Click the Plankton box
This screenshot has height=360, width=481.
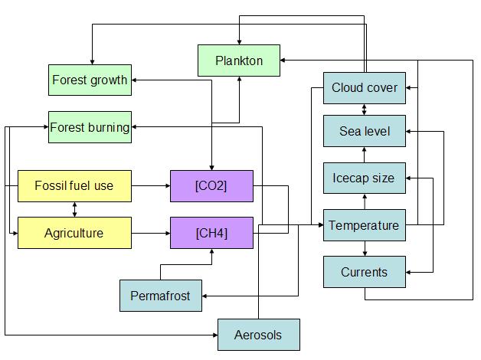point(239,61)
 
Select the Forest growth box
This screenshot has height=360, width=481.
point(90,80)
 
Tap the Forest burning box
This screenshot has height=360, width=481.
point(90,127)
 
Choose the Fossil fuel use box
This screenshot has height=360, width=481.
point(74,185)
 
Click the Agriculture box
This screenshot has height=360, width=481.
point(74,233)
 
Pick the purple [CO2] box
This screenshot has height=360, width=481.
point(211,185)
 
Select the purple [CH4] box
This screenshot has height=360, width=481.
point(211,233)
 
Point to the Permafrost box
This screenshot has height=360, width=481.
point(161,296)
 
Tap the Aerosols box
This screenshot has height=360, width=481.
point(258,335)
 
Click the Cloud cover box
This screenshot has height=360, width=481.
point(365,88)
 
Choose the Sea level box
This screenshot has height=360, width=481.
point(365,132)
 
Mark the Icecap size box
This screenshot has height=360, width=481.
point(365,178)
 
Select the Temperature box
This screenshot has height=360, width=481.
point(365,225)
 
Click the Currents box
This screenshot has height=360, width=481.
point(365,272)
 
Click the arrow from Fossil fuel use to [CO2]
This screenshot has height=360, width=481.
point(151,185)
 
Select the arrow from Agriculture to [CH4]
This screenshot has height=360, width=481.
point(151,233)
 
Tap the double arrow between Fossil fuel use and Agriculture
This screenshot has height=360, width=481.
point(74,209)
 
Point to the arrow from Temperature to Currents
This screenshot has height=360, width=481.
point(365,249)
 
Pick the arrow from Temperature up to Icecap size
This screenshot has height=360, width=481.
point(365,201)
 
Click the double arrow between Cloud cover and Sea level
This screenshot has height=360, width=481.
point(365,110)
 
